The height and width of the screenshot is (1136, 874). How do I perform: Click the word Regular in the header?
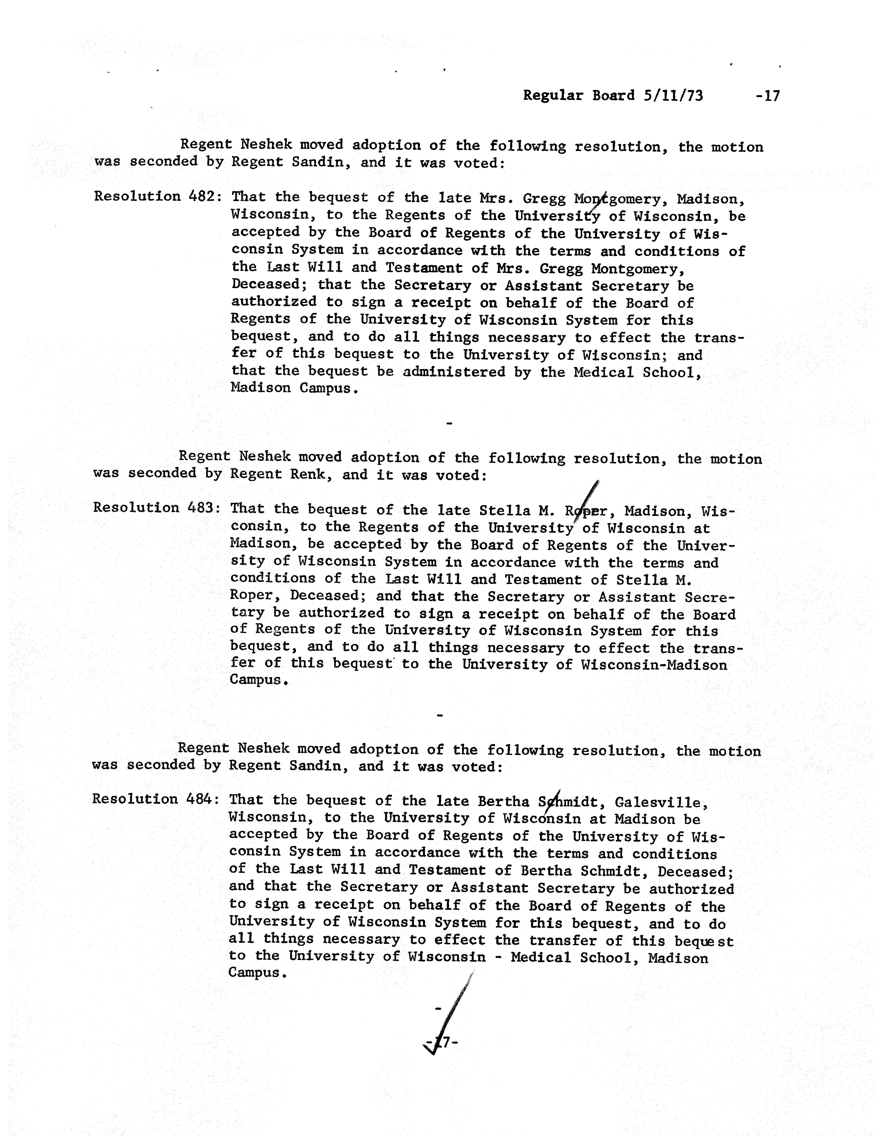click(x=553, y=96)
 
